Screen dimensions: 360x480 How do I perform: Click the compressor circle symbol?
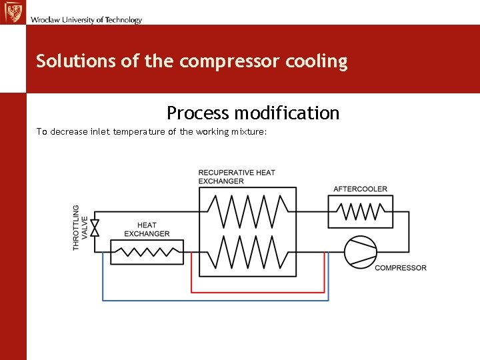point(361,253)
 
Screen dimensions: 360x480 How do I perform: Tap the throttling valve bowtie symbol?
point(94,227)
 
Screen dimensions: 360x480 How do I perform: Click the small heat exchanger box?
point(147,253)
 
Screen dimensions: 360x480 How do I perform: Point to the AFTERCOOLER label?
point(360,189)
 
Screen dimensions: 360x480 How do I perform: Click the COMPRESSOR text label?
point(401,268)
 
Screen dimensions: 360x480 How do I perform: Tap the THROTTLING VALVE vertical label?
point(80,227)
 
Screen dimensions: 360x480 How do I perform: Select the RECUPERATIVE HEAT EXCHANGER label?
point(236,177)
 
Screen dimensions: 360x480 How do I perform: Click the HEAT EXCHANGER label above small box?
point(147,229)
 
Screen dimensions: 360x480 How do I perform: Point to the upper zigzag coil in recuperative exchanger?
point(248,211)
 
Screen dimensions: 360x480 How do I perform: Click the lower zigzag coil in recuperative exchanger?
point(248,253)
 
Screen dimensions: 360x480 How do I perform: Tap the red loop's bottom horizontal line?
point(258,292)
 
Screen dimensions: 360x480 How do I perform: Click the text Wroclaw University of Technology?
point(86,20)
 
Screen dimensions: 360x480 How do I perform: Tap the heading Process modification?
point(253,113)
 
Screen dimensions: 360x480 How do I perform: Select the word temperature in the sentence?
point(139,132)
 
